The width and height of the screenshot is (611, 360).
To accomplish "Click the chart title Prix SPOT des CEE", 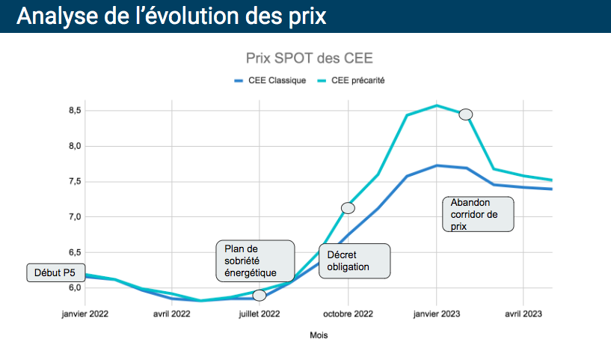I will (x=309, y=58).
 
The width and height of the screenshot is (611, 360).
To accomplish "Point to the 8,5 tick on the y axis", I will (x=74, y=111).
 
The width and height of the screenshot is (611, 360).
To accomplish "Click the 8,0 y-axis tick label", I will (x=74, y=146).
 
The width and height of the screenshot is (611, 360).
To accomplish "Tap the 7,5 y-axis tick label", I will (x=74, y=182).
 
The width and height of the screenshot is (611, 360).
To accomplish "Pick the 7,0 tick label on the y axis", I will (x=74, y=217).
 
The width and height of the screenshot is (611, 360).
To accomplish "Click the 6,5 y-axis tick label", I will (x=74, y=252).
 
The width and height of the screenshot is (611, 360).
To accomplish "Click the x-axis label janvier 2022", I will (x=85, y=314).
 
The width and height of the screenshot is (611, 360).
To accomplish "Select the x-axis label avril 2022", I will (x=172, y=314).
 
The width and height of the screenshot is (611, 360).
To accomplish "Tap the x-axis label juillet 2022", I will (x=260, y=314).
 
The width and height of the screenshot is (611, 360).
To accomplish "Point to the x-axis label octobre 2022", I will (x=348, y=314).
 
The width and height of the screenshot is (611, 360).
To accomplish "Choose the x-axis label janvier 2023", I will (x=437, y=314).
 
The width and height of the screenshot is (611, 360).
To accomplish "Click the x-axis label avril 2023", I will (x=524, y=314).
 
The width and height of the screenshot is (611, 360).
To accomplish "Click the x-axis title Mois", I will (x=319, y=335).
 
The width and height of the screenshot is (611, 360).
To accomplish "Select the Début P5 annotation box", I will (x=54, y=273).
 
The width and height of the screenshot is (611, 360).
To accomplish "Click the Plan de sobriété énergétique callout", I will (x=254, y=260).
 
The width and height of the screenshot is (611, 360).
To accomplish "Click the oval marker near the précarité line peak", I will (x=466, y=115).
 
